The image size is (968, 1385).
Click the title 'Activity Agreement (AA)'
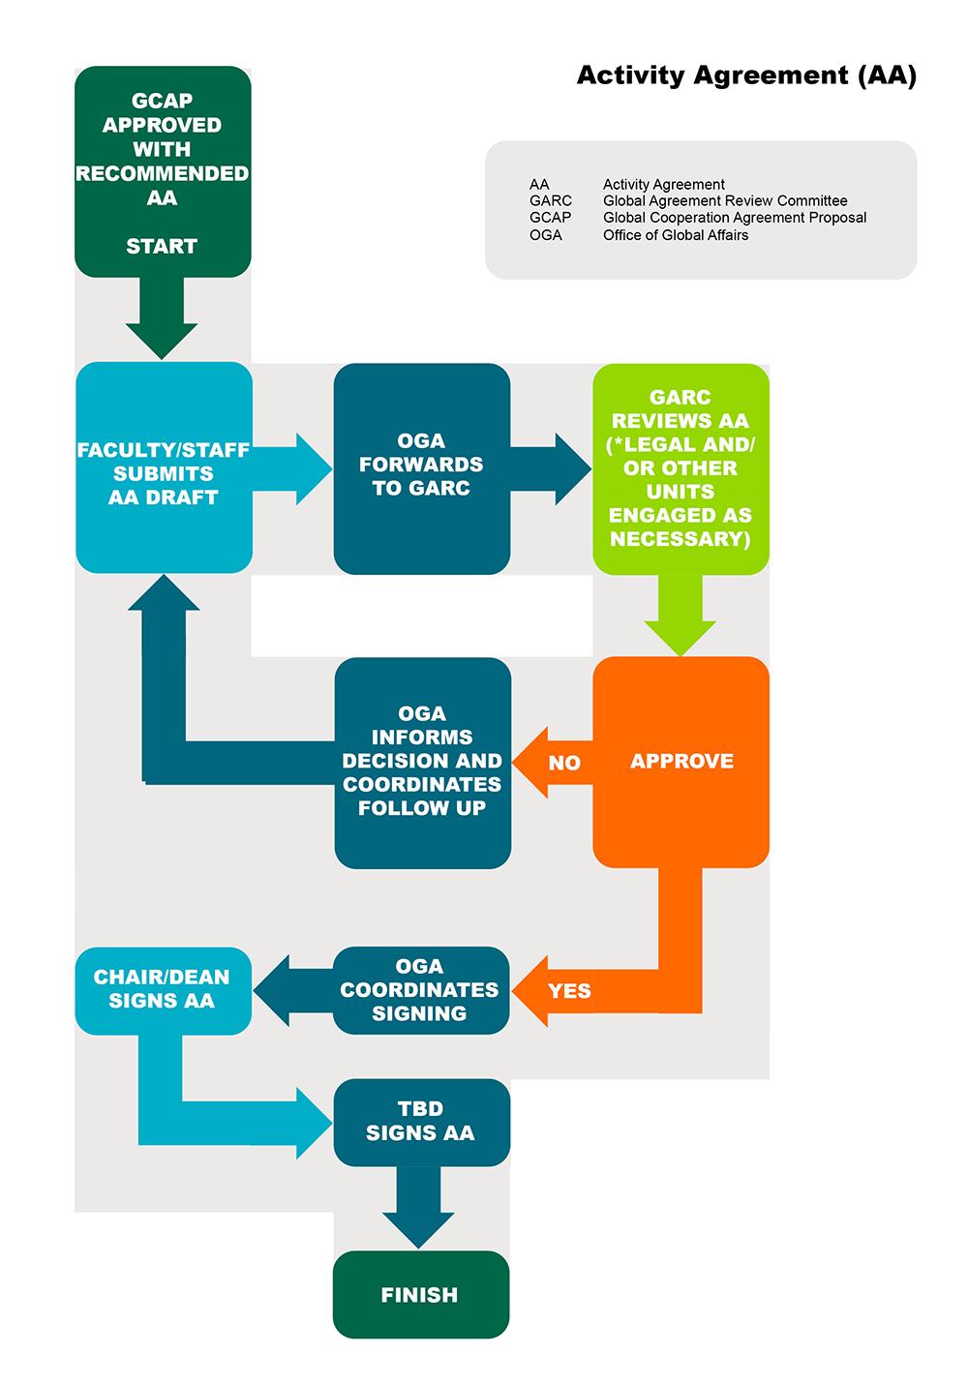[x=745, y=75]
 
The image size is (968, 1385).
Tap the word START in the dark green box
[x=162, y=247]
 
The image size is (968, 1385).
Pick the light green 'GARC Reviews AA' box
[x=681, y=468]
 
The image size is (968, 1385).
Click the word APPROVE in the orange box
[x=681, y=762]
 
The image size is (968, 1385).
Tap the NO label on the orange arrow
[x=563, y=763]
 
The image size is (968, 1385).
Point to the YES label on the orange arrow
[x=569, y=991]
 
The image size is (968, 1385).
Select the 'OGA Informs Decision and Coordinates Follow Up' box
[x=422, y=762]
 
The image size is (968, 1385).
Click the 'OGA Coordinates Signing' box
[x=420, y=990]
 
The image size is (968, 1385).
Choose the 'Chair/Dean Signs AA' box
[x=162, y=989]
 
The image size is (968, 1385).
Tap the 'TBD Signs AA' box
[x=420, y=1121]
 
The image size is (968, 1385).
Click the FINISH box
[x=420, y=1294]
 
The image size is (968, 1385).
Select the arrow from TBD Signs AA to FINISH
[x=418, y=1208]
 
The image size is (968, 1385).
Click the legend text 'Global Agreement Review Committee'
[x=725, y=201]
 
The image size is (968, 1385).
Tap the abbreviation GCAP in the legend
[x=550, y=218]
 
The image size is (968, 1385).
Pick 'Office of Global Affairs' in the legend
[x=676, y=235]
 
